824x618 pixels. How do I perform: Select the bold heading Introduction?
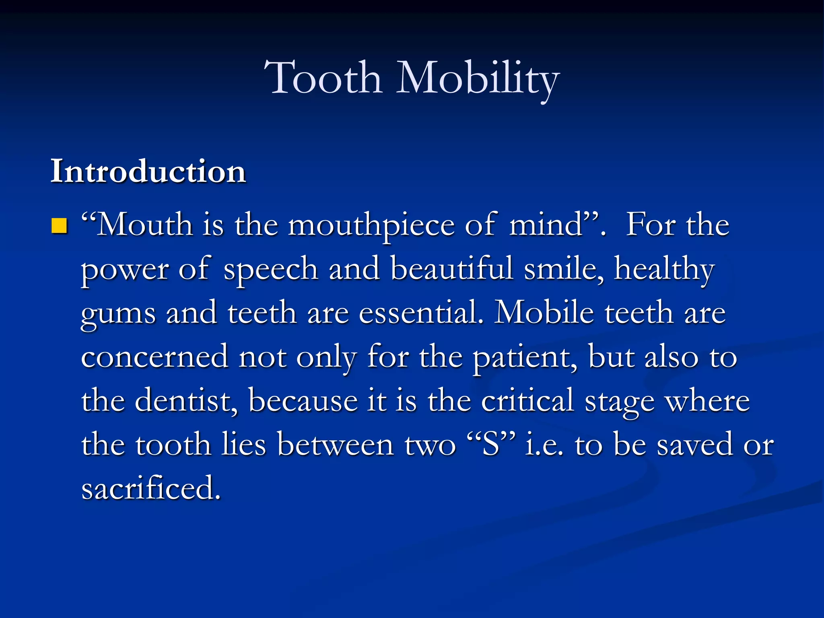tap(148, 171)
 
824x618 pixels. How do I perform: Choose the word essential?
tap(421, 313)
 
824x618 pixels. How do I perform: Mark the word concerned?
tap(155, 357)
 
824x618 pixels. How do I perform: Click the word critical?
tap(527, 401)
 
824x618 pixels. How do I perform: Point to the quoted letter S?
tap(491, 445)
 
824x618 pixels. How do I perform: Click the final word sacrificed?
tap(151, 488)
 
